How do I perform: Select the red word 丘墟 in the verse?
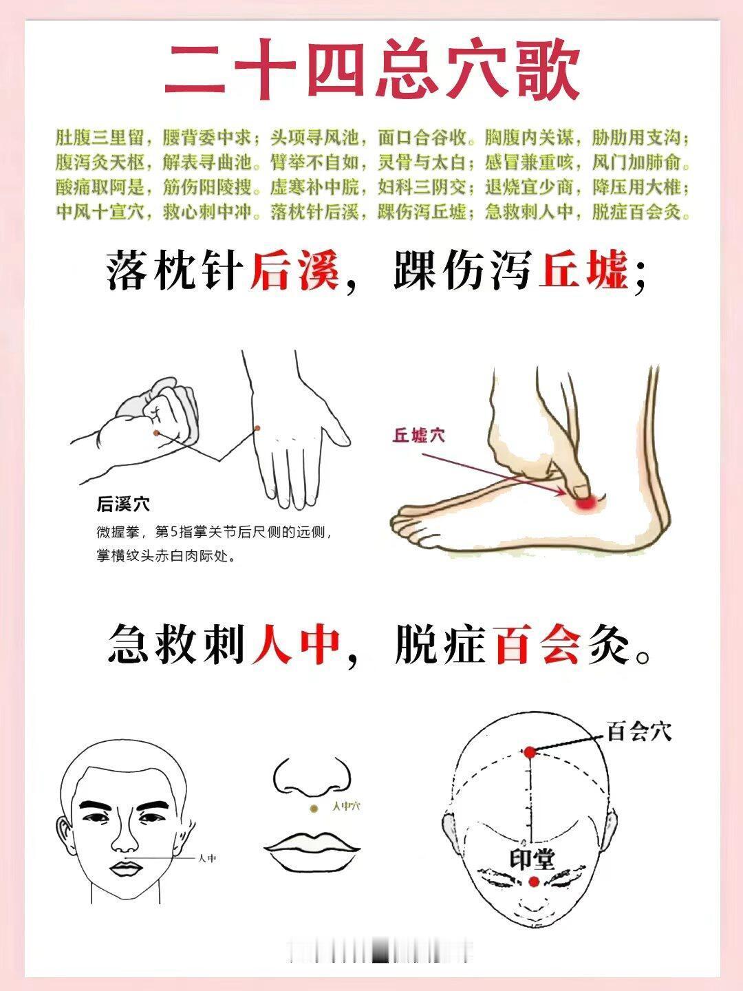[x=584, y=271]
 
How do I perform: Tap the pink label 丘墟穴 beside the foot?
[x=419, y=435]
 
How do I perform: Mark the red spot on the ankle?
[x=585, y=502]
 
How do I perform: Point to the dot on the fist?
[x=156, y=433]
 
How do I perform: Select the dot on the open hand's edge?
[x=257, y=429]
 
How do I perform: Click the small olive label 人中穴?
[x=346, y=806]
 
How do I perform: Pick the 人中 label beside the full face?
[x=207, y=858]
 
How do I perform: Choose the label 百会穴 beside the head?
[x=639, y=732]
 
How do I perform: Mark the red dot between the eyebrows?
[x=534, y=881]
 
